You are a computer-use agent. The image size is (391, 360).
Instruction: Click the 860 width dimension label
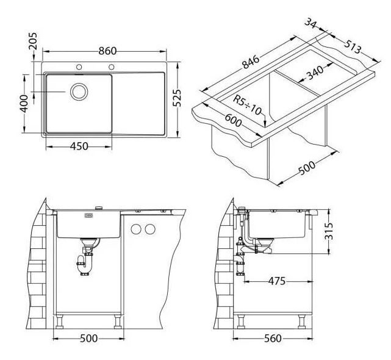[x=107, y=51]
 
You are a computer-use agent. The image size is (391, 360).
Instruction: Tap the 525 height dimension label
[x=177, y=98]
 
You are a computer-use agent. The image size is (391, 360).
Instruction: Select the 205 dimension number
[x=33, y=41]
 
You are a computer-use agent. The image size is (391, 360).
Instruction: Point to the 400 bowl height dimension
[x=24, y=104]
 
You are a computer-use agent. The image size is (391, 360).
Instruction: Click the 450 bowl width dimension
[x=79, y=146]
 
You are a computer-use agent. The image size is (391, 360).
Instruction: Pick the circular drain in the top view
[x=79, y=92]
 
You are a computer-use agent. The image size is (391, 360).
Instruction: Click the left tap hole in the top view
[x=79, y=67]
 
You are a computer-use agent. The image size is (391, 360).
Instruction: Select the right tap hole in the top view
[x=112, y=67]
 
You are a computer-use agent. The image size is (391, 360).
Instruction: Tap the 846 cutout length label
[x=251, y=62]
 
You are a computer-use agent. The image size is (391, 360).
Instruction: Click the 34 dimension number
[x=310, y=23]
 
